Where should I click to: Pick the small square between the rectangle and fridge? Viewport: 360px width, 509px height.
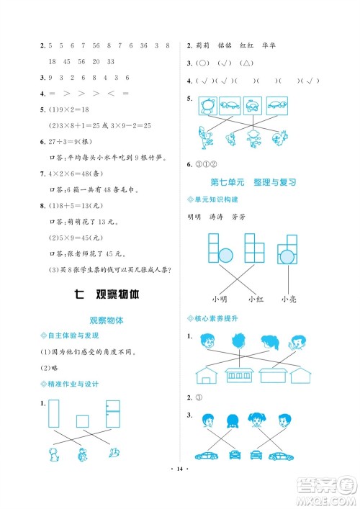[83, 421]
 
